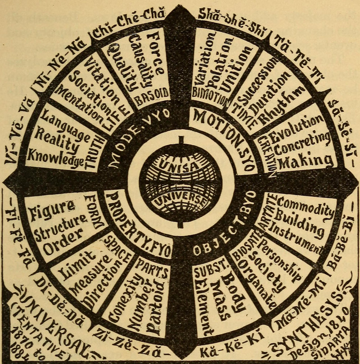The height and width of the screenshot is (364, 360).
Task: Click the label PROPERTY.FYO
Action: [137, 223]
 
